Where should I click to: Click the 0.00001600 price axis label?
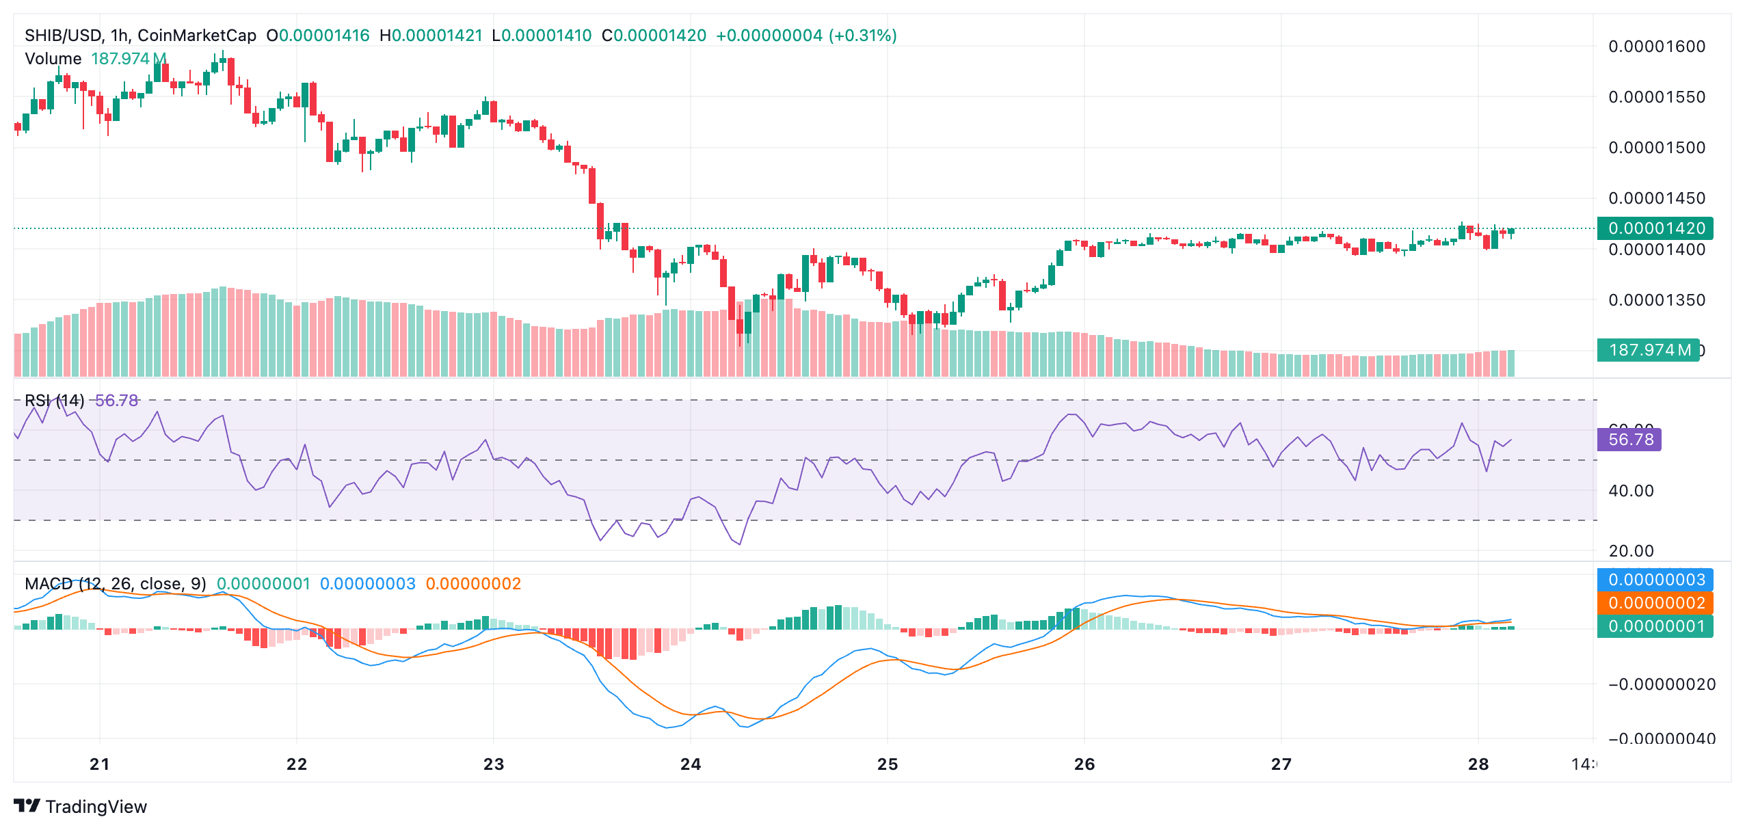coord(1656,46)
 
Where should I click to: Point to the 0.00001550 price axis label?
coord(1656,97)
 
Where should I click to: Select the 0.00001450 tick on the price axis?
coord(1656,198)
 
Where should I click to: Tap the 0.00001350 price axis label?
coord(1656,300)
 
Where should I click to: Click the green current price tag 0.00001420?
coord(1655,228)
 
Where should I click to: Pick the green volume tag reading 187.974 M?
coord(1648,350)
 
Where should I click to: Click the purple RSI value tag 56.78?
coord(1630,439)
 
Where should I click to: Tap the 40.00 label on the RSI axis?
coord(1631,491)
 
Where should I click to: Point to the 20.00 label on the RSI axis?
coord(1631,551)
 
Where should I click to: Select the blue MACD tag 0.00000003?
coord(1655,580)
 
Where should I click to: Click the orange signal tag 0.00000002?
coord(1655,603)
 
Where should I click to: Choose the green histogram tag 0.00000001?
coord(1655,626)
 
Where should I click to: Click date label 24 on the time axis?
coord(691,764)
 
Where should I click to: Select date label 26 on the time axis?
coord(1084,764)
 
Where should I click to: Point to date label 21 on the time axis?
coord(100,764)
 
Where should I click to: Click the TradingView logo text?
coord(96,807)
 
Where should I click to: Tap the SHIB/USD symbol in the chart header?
coord(64,36)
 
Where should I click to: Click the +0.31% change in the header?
coord(863,36)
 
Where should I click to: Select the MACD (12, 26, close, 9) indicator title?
coord(115,584)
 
